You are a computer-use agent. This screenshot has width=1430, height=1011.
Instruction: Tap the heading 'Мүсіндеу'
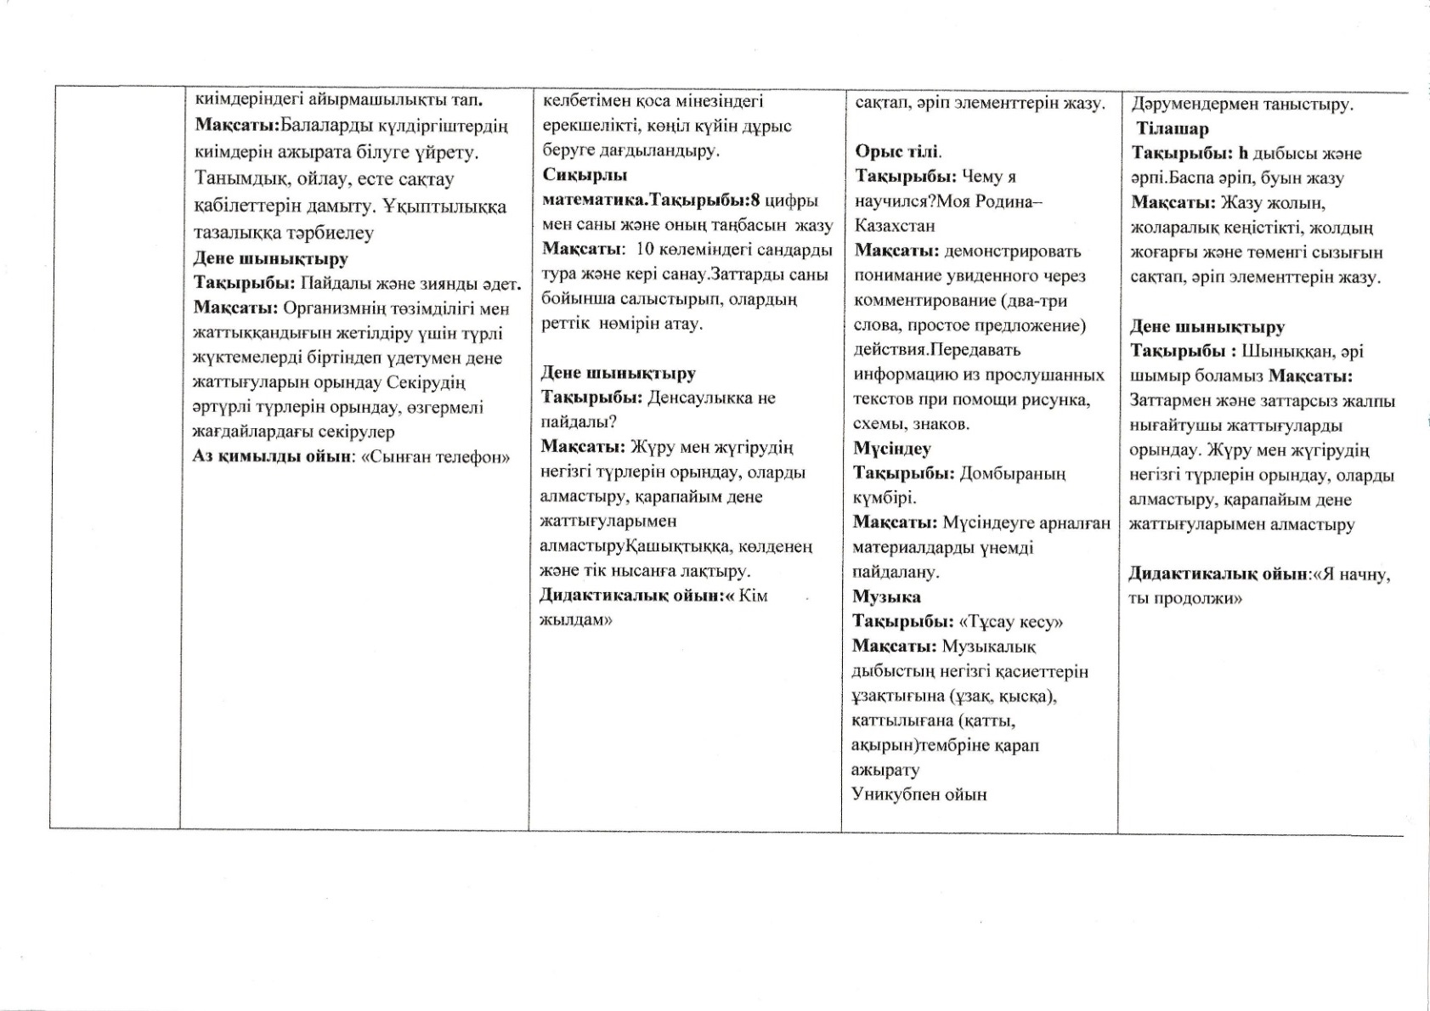coord(892,449)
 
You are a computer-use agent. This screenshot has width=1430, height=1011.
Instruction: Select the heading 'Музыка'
coord(886,597)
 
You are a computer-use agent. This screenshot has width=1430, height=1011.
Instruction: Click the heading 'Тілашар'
coord(1173,129)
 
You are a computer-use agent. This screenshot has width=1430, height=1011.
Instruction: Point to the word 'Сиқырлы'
coord(585,176)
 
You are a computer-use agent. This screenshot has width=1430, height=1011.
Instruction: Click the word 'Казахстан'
coord(895,226)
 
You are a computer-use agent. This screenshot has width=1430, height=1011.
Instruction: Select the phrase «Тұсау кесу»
coord(1011,622)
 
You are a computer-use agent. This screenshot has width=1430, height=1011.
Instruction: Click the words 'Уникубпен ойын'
coord(918,795)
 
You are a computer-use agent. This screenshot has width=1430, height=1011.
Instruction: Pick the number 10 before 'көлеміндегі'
coord(646,251)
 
